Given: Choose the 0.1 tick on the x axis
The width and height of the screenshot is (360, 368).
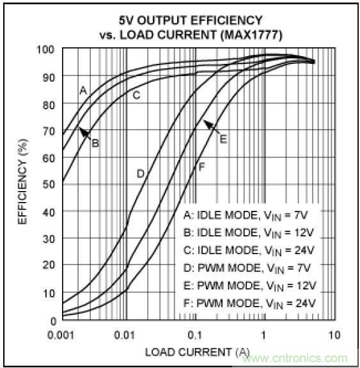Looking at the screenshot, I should pos(196,335).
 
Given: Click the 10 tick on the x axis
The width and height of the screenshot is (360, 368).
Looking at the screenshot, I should pos(333,335).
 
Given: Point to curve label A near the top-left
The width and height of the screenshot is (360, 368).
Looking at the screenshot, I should pos(82,91).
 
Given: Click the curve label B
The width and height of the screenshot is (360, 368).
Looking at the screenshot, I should pos(95,142).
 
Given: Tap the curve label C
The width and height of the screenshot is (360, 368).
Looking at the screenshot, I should pos(136,96).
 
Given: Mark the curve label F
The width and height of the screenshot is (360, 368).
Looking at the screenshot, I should pos(201,167).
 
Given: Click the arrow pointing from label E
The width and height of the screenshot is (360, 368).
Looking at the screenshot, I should pos(211,128).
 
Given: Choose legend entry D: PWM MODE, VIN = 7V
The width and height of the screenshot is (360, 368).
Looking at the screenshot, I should pos(249,267).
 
